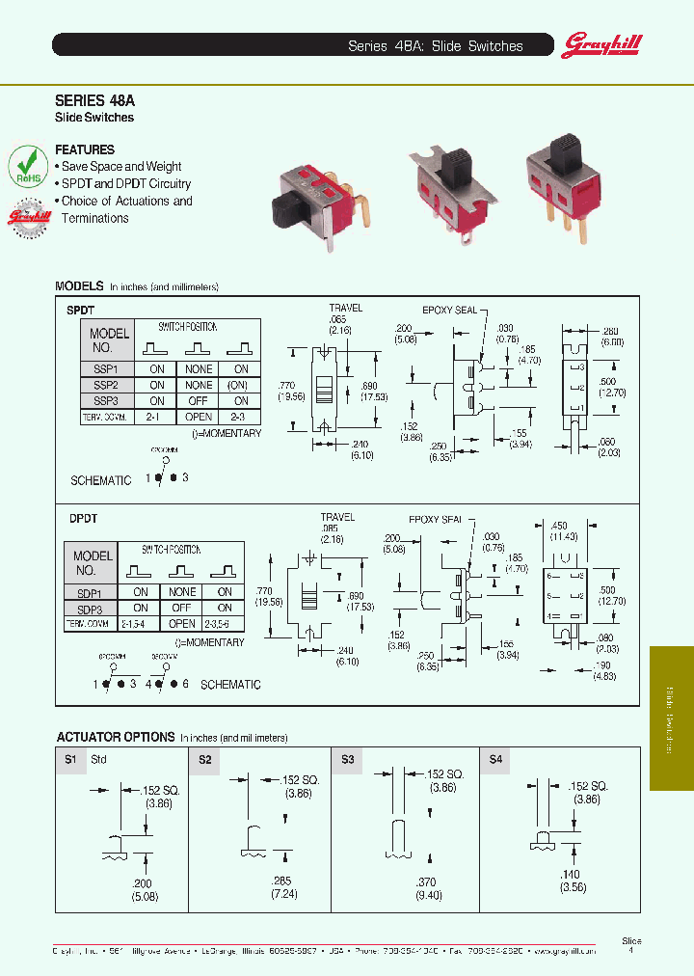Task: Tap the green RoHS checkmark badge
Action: [x=28, y=166]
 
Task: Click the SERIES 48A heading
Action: [x=89, y=98]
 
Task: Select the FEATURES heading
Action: [x=85, y=149]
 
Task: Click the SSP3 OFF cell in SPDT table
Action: [x=199, y=401]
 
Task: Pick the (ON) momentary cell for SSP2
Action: [x=240, y=385]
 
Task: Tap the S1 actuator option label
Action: [x=69, y=760]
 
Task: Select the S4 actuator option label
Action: [x=496, y=760]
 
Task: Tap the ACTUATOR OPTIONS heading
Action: [x=116, y=737]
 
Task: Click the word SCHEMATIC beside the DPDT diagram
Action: [x=230, y=685]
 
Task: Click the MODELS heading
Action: [x=79, y=286]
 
